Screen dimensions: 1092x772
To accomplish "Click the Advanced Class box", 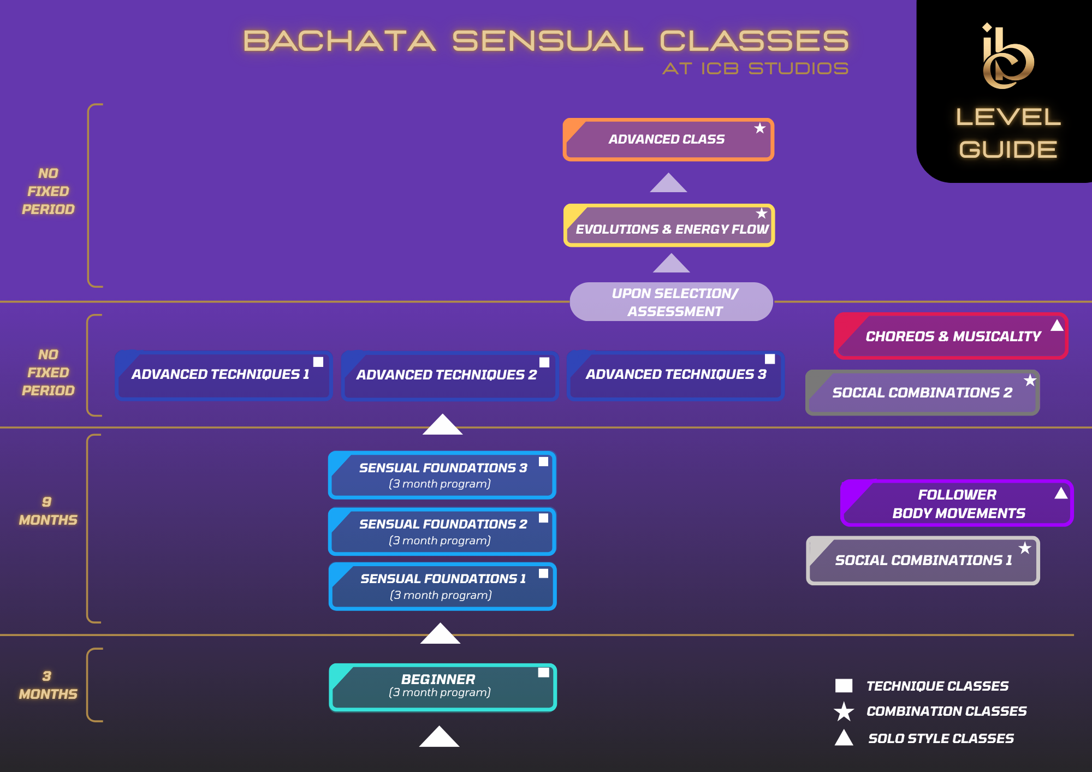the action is click(x=668, y=139).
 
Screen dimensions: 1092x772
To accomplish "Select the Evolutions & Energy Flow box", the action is click(x=669, y=225).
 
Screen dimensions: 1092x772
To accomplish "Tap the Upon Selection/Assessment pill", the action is click(x=671, y=301).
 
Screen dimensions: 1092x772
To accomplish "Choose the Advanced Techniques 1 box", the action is click(x=224, y=376).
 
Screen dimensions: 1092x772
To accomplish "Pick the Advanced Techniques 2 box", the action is click(x=450, y=376).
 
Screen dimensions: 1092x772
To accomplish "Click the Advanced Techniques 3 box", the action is click(x=675, y=376).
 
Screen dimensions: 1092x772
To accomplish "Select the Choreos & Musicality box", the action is click(x=951, y=336).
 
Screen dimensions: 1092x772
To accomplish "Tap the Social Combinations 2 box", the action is click(x=923, y=393).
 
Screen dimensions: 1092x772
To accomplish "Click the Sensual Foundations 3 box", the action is click(x=442, y=475).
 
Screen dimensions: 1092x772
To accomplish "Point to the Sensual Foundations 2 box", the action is click(x=442, y=531).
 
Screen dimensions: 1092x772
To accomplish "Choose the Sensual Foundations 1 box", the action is click(x=443, y=586).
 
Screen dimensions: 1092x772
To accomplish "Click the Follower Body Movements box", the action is click(x=957, y=503).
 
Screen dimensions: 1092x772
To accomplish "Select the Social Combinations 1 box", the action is click(x=923, y=560).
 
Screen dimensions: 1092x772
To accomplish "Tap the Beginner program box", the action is click(x=443, y=687).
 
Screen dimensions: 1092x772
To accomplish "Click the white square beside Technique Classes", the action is click(x=844, y=686).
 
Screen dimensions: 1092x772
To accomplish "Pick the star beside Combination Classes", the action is click(x=844, y=711).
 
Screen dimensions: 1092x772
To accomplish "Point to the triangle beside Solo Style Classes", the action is click(x=844, y=738).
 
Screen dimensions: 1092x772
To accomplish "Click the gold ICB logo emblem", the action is click(x=1007, y=56).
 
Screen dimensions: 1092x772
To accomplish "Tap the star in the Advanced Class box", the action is click(x=760, y=128).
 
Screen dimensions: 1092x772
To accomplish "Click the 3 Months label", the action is click(x=48, y=685).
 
